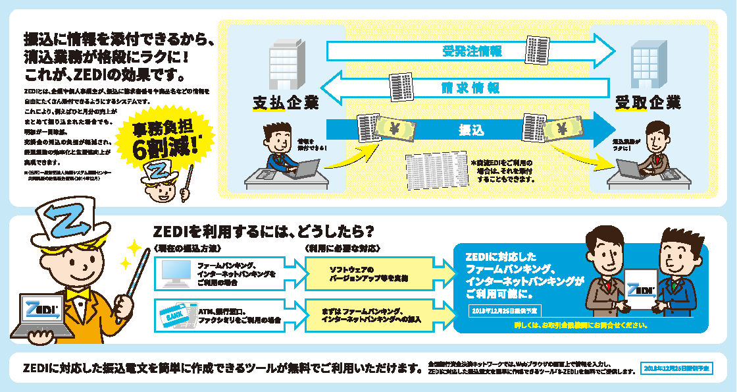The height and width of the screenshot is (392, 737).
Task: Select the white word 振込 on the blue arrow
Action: click(x=471, y=130)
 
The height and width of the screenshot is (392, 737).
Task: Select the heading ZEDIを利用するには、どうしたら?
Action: click(x=264, y=232)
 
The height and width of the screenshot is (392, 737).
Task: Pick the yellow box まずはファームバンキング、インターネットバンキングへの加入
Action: click(x=372, y=314)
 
